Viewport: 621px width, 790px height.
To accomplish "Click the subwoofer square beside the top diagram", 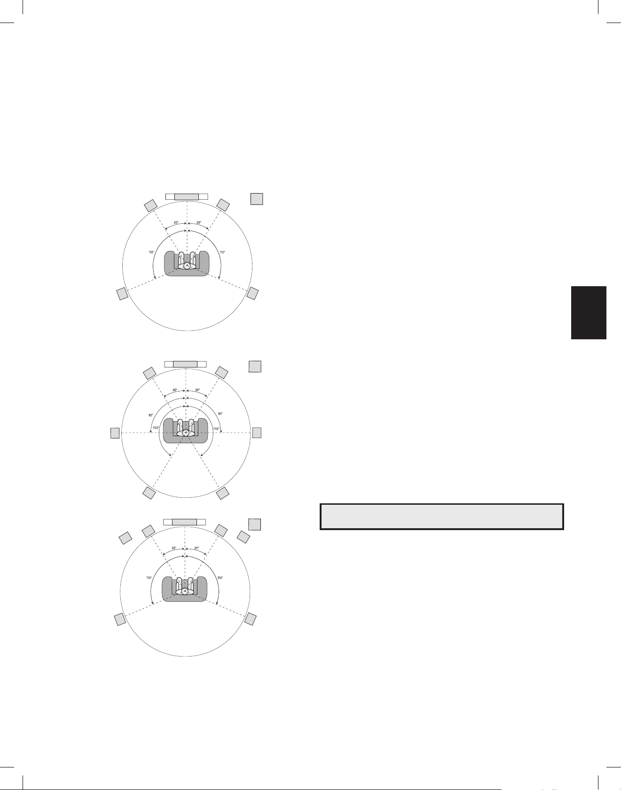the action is (x=256, y=199).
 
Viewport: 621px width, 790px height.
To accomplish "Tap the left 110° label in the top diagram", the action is (x=151, y=252).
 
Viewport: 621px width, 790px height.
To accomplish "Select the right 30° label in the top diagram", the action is (x=199, y=223).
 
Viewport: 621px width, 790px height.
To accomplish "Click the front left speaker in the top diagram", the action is (x=150, y=205).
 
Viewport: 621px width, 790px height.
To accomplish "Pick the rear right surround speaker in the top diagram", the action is (x=252, y=293).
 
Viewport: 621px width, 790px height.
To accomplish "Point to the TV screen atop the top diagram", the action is (x=187, y=196).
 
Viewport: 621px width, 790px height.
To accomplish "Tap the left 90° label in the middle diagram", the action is (x=150, y=415).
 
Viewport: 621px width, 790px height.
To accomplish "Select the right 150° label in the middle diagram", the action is (x=216, y=429).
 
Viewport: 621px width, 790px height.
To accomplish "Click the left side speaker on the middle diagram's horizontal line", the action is (x=115, y=433).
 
